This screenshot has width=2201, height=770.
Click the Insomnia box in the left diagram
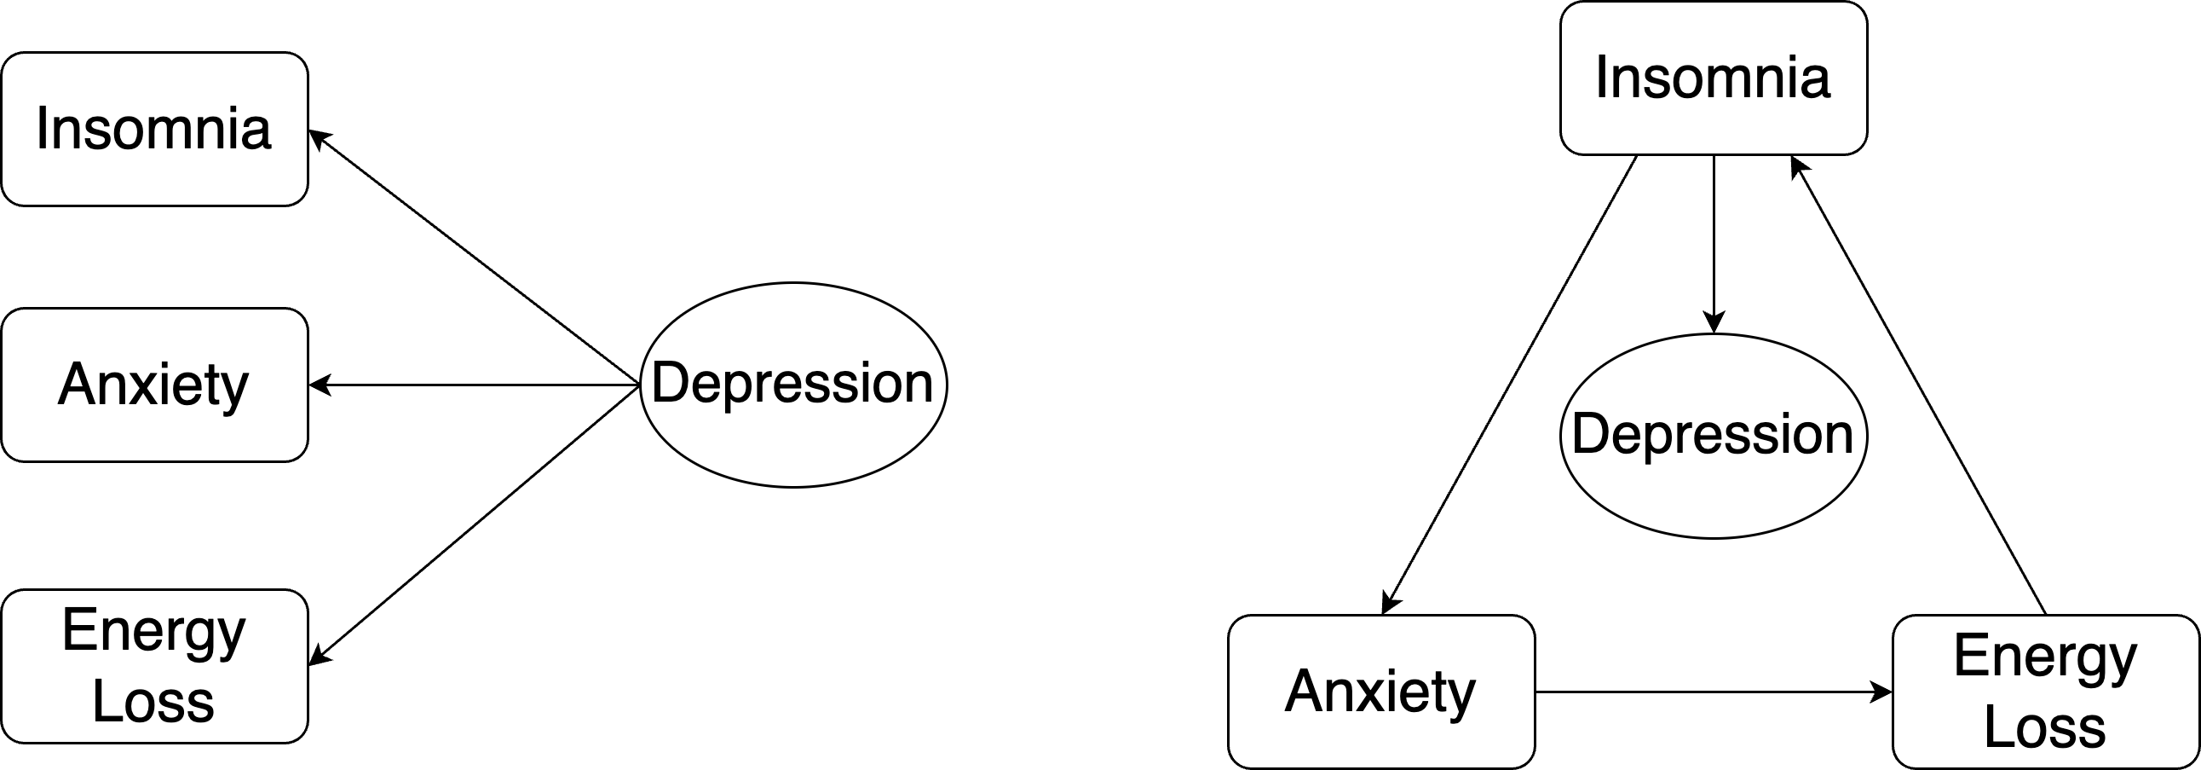click(153, 129)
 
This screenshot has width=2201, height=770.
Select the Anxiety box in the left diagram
click(153, 385)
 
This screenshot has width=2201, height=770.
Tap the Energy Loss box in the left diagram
click(153, 666)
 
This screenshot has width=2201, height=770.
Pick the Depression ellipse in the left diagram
click(793, 385)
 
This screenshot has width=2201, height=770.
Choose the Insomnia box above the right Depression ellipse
click(1713, 78)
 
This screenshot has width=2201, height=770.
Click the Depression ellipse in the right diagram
click(1713, 436)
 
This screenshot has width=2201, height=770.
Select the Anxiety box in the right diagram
click(1380, 692)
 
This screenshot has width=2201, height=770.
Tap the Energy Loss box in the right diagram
click(2046, 692)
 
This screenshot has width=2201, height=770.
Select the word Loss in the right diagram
click(2046, 727)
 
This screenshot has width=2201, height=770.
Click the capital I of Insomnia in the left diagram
click(41, 128)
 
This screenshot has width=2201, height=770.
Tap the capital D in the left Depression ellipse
click(670, 382)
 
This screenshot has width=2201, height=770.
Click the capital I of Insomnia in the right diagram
click(1601, 77)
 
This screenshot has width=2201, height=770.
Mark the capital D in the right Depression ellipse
click(1590, 433)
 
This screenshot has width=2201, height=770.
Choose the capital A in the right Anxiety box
click(1304, 691)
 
